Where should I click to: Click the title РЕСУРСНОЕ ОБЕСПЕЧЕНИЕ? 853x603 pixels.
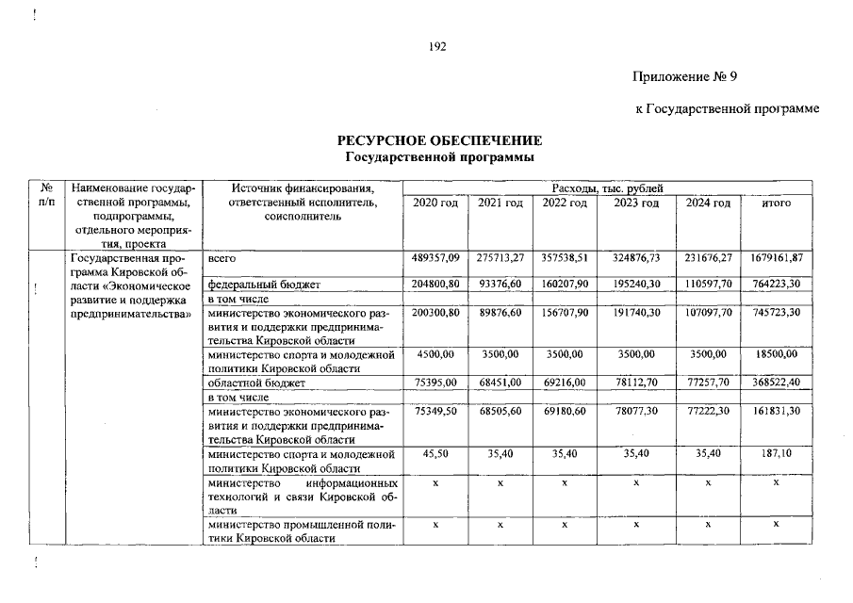point(440,140)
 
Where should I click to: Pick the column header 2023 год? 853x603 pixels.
point(636,204)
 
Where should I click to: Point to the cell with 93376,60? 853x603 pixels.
point(500,284)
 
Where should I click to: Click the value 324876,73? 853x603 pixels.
point(636,258)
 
